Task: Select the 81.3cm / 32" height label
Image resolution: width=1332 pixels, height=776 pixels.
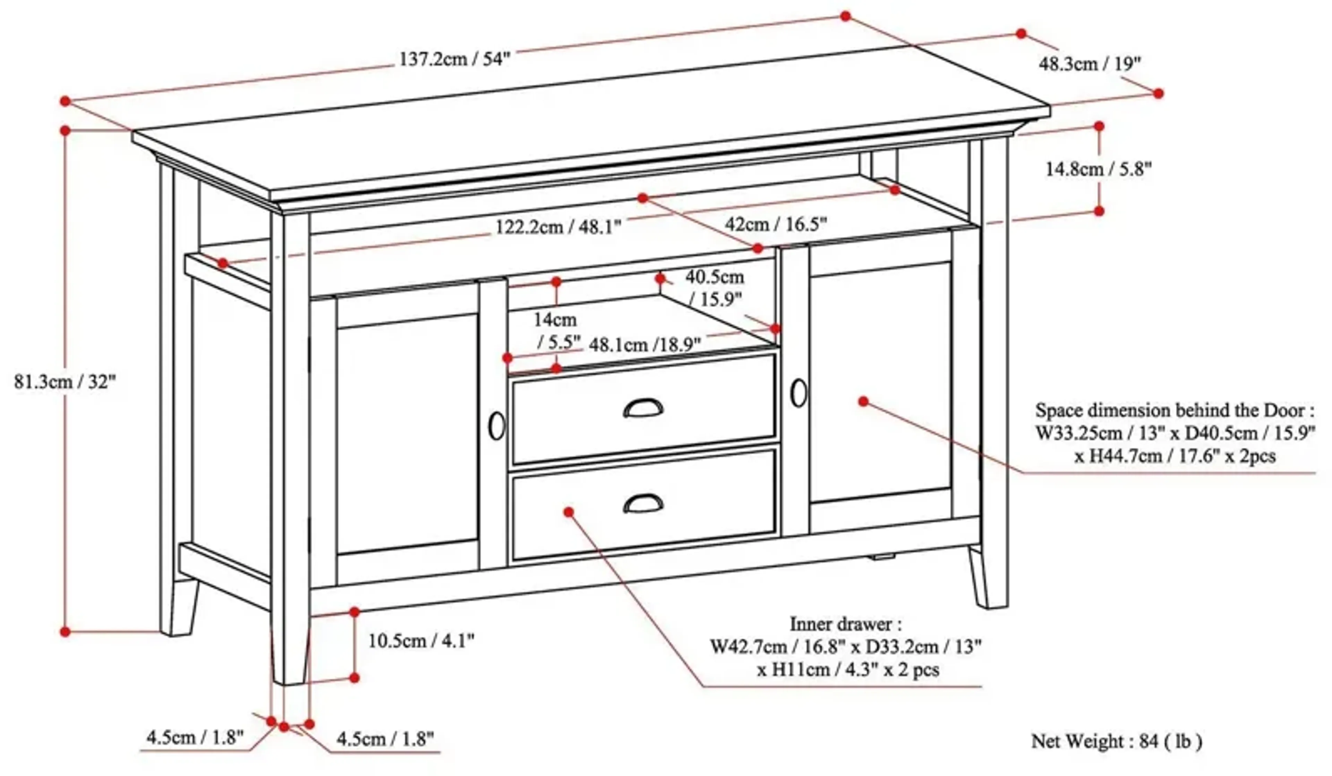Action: click(x=65, y=381)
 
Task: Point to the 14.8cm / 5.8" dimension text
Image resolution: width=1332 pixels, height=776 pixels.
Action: click(x=1098, y=169)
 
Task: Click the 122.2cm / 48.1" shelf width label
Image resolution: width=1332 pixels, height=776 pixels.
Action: click(x=558, y=227)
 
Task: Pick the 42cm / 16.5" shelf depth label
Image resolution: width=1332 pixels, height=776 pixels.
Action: click(x=775, y=224)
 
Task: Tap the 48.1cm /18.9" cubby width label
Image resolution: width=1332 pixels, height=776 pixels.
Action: click(x=645, y=345)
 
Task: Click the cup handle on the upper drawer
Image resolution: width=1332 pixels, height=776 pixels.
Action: click(x=643, y=408)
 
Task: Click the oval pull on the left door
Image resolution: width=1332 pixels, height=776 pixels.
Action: click(x=496, y=426)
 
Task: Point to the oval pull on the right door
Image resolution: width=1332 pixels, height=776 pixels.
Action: click(x=799, y=393)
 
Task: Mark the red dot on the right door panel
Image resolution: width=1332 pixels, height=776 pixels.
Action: click(x=863, y=402)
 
